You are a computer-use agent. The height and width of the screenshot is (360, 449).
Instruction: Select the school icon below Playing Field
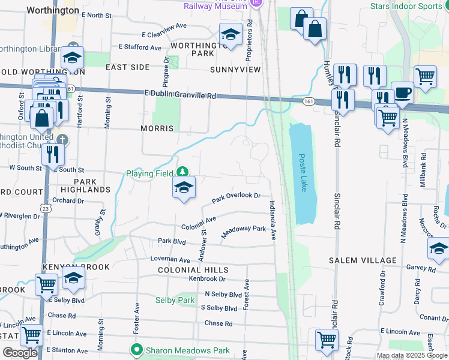184,188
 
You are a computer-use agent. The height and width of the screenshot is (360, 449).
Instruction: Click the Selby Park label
175,300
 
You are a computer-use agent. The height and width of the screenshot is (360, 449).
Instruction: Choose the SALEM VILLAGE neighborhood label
363,260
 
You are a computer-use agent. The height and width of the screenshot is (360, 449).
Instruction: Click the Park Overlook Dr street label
236,197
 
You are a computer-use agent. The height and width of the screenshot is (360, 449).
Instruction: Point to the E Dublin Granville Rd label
180,95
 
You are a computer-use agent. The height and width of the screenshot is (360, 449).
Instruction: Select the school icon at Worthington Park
230,35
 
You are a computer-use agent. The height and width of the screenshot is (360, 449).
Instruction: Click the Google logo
19,353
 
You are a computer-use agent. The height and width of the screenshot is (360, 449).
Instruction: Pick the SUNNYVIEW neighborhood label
235,70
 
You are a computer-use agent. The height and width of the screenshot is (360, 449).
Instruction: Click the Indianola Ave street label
273,220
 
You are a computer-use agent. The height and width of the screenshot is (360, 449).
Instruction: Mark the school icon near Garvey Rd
439,249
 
